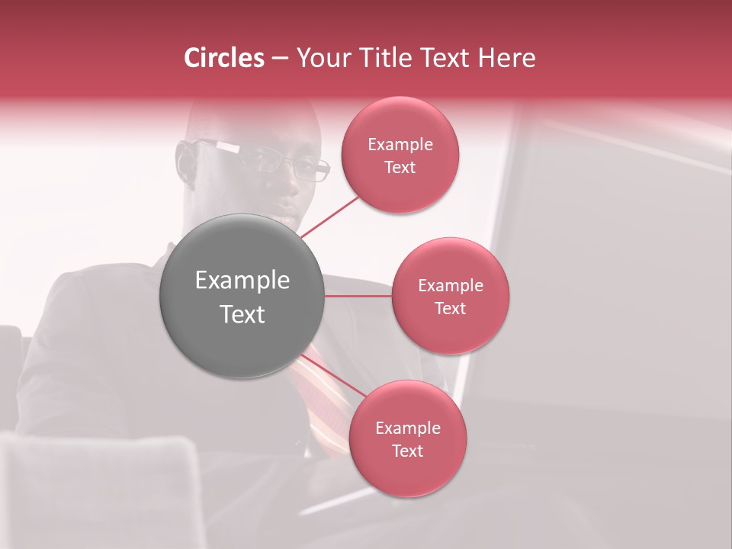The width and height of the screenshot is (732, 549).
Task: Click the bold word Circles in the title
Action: coord(223,58)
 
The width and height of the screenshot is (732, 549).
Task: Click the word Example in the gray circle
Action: coord(242,281)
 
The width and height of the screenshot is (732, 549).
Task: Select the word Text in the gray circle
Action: coord(242,314)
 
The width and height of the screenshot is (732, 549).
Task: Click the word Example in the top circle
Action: coord(400,144)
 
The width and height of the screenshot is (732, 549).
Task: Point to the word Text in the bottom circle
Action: coord(407,451)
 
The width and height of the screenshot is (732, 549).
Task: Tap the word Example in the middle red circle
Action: coord(450,285)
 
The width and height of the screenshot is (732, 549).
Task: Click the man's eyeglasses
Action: coord(274,159)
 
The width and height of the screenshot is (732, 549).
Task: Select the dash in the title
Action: coord(279,59)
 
